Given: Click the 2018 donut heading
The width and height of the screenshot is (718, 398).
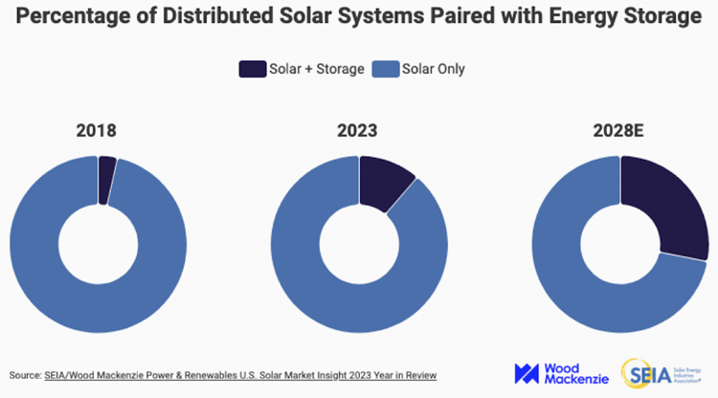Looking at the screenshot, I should (x=98, y=130).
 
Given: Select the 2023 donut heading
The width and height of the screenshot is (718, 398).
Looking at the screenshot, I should (x=360, y=130).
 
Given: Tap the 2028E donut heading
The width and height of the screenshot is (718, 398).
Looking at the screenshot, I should (x=619, y=130).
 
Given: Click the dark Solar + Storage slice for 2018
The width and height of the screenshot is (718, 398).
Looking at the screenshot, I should (x=106, y=179).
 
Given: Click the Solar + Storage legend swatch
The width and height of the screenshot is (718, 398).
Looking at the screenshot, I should (x=253, y=69).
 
